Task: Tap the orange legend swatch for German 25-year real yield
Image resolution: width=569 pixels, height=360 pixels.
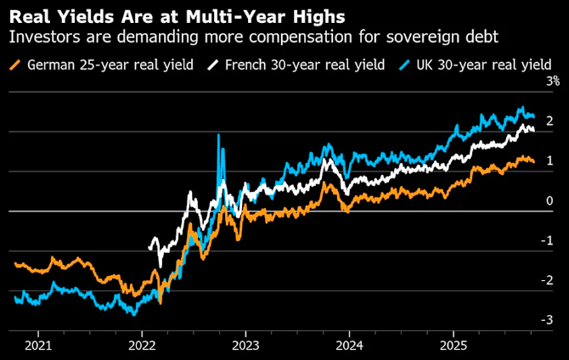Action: point(14,65)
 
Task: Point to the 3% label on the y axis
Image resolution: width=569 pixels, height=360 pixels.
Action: point(552,82)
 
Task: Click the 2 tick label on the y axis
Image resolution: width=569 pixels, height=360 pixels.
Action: point(549,121)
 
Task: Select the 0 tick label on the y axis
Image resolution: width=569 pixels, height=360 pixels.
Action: point(549,200)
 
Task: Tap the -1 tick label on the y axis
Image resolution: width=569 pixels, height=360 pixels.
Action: point(548,240)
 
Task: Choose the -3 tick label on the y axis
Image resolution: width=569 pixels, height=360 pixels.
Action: point(548,319)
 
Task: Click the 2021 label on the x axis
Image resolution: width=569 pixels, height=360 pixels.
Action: point(38,345)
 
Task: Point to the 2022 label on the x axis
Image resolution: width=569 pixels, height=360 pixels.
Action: point(142,345)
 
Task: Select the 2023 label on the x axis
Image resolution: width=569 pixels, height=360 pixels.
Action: point(246,345)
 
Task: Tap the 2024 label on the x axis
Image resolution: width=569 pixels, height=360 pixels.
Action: point(350,345)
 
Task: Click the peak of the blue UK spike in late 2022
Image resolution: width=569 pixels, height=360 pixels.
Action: point(218,135)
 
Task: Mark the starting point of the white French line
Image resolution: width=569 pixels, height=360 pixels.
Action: point(149,248)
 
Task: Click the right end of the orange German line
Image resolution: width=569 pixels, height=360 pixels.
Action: point(533,161)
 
